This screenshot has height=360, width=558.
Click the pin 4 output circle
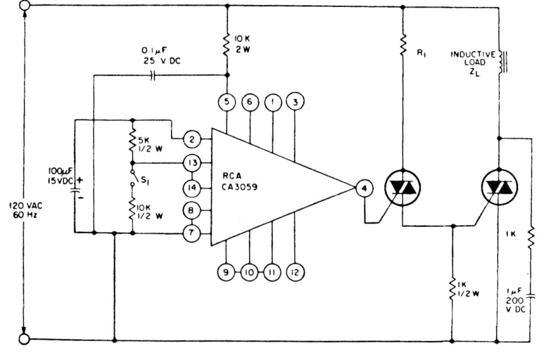coord(364,188)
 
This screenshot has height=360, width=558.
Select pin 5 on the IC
coord(226,102)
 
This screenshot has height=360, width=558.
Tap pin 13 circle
coord(192,163)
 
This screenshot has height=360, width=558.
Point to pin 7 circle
coord(192,233)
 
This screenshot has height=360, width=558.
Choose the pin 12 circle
coord(295,273)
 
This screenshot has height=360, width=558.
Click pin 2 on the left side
coord(192,139)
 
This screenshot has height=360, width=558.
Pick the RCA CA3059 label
coord(239,181)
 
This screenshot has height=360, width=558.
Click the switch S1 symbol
coord(133,177)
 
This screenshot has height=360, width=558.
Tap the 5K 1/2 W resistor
coord(133,141)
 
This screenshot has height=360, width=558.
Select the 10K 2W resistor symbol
coord(226,45)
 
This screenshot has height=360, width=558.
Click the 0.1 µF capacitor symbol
coord(153,75)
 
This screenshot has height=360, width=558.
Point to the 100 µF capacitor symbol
coord(75,191)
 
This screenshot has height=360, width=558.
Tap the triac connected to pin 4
coord(403,187)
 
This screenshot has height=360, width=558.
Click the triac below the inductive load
coord(499,187)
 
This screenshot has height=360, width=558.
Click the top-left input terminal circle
coord(25,5)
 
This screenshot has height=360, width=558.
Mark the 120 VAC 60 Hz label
coord(26,210)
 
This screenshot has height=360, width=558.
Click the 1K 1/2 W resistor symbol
coord(452,289)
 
